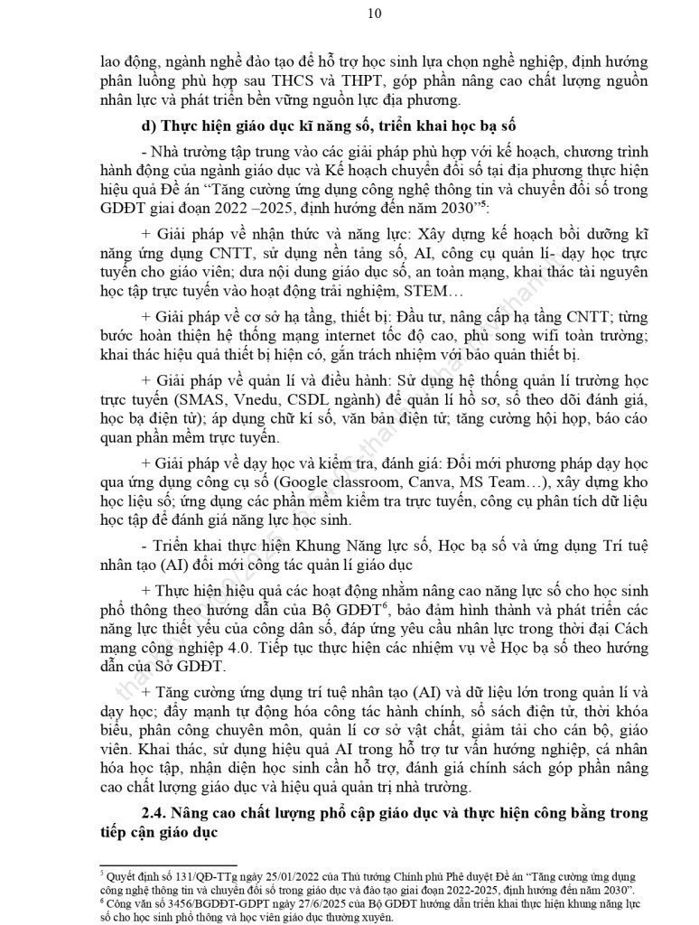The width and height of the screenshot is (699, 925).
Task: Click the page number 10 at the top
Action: pos(349,13)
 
